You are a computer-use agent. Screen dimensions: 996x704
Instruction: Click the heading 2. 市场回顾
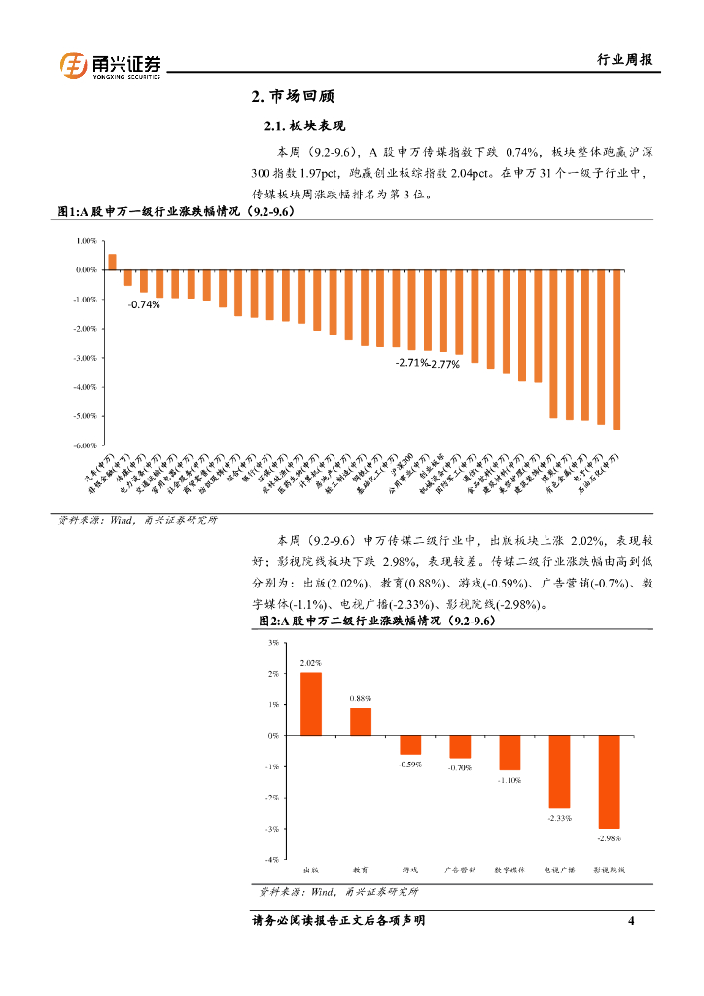293,97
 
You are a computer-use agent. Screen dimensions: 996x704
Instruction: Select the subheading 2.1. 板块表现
305,127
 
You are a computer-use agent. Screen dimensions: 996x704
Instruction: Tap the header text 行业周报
623,60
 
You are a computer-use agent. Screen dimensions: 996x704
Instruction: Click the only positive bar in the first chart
112,262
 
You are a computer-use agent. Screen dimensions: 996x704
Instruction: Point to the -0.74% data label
144,304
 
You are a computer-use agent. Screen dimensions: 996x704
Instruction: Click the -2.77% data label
444,364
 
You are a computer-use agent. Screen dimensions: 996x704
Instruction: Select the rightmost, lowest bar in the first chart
616,349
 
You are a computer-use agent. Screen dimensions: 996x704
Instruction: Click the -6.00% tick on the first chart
86,445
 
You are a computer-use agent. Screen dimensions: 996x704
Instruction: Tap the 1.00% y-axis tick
86,240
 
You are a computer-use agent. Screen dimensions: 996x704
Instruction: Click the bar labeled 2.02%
311,704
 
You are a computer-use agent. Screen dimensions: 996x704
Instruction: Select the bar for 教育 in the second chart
361,722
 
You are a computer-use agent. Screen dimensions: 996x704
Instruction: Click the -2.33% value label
559,818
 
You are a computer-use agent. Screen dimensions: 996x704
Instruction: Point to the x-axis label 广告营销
459,870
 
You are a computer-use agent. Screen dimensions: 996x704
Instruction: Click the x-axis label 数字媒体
510,870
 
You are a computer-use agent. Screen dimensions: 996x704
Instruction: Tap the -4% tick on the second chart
273,859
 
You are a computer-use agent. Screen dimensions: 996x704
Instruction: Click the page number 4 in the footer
631,920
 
